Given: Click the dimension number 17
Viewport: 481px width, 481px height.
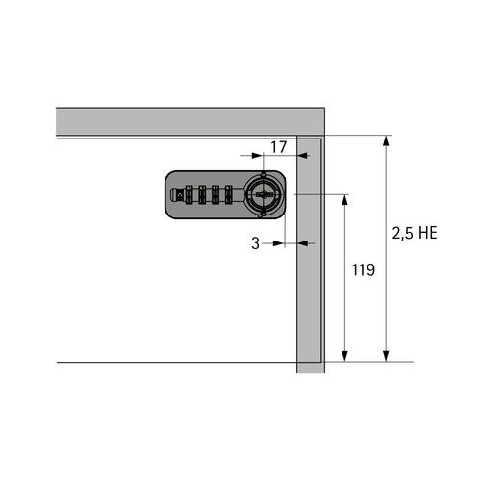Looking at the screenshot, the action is tap(278, 147).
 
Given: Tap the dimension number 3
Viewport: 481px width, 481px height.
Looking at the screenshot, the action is tap(255, 243).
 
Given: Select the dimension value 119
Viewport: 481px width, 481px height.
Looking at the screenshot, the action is tap(364, 270).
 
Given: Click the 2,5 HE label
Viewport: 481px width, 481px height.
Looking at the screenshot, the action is tap(415, 233).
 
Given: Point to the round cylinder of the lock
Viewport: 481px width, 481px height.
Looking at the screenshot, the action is tap(264, 194).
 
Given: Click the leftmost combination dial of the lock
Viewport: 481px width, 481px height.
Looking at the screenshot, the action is tap(189, 194).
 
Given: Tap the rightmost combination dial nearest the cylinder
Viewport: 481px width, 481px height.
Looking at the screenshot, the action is tap(228, 194).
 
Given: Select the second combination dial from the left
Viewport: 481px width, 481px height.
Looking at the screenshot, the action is tap(202, 194).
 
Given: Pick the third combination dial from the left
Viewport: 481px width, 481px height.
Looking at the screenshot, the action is tap(215, 194).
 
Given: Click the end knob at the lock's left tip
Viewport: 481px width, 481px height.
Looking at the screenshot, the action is tap(174, 194).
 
